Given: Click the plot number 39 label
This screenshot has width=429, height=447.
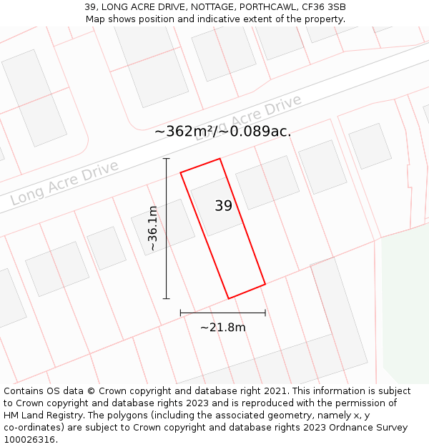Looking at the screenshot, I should point(223,206).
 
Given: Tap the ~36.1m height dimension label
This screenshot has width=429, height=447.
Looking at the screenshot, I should point(152,228).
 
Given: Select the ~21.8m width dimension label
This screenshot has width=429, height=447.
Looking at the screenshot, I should point(222,328).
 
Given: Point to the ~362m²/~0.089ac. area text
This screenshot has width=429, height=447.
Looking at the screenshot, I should point(222,132).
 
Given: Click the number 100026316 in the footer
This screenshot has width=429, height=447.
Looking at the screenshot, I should point(29,440).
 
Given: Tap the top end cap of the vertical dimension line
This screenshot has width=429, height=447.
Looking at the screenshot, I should point(167,159).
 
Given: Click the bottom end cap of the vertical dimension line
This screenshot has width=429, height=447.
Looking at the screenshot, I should point(167,298).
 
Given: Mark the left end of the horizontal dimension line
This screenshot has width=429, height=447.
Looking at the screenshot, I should point(180,313).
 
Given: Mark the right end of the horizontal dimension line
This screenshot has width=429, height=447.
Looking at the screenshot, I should point(265,313).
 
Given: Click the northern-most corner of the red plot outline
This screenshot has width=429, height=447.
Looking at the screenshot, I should point(219,159).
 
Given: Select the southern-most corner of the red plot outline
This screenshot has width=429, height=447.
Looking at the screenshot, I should point(228,298).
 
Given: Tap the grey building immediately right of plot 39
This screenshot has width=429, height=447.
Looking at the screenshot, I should point(267,182).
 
